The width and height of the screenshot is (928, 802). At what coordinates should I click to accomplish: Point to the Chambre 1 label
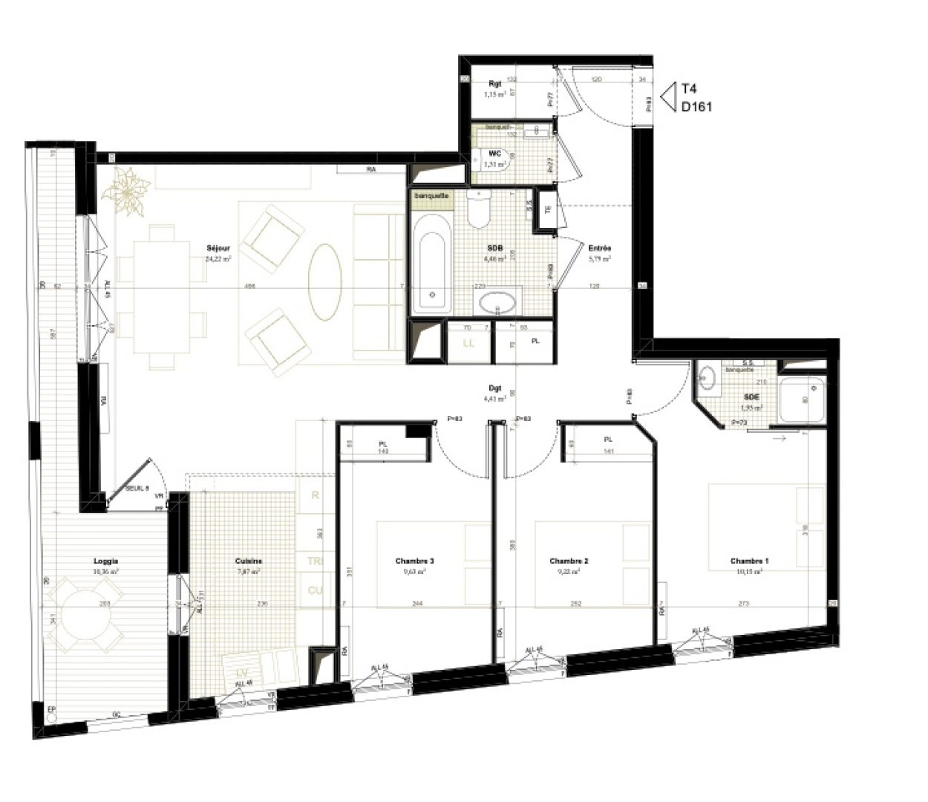(749, 561)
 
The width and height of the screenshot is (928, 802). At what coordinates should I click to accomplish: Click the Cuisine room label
(249, 561)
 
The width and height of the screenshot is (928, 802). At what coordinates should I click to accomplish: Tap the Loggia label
(106, 561)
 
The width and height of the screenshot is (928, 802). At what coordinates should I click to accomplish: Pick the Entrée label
(599, 248)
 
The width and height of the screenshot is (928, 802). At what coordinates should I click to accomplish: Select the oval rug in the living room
(325, 282)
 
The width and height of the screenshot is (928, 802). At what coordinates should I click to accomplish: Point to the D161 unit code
(696, 107)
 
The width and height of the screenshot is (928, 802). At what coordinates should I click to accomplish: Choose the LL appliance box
(468, 343)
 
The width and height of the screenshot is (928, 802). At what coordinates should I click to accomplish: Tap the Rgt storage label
(495, 84)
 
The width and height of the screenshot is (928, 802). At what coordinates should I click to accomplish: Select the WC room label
(495, 154)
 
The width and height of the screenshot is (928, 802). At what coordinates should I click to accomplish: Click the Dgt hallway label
(495, 388)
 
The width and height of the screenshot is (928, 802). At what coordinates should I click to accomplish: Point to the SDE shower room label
(751, 397)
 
